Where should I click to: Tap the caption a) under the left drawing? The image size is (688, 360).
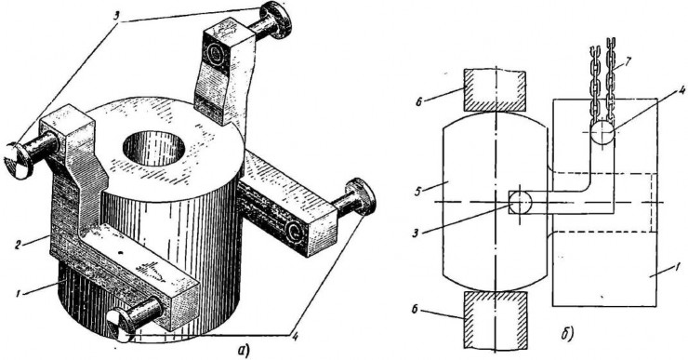tap(243, 351)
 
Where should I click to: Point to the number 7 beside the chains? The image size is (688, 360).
tap(628, 60)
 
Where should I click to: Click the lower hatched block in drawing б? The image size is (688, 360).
tap(495, 319)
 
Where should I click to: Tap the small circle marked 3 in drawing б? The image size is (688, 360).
tap(520, 203)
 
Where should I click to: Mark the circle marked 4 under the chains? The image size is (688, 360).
tap(602, 133)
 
